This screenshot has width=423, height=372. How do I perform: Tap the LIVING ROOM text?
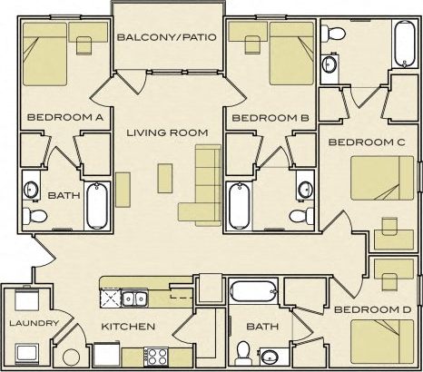pyautogui.click(x=167, y=132)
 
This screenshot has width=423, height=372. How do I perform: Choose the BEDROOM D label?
pyautogui.click(x=372, y=309)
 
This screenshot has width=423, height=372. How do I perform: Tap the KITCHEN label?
pyautogui.click(x=128, y=327)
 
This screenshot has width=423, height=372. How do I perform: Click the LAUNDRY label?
pyautogui.click(x=33, y=323)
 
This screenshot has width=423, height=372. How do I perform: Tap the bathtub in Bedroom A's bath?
pyautogui.click(x=96, y=204)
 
